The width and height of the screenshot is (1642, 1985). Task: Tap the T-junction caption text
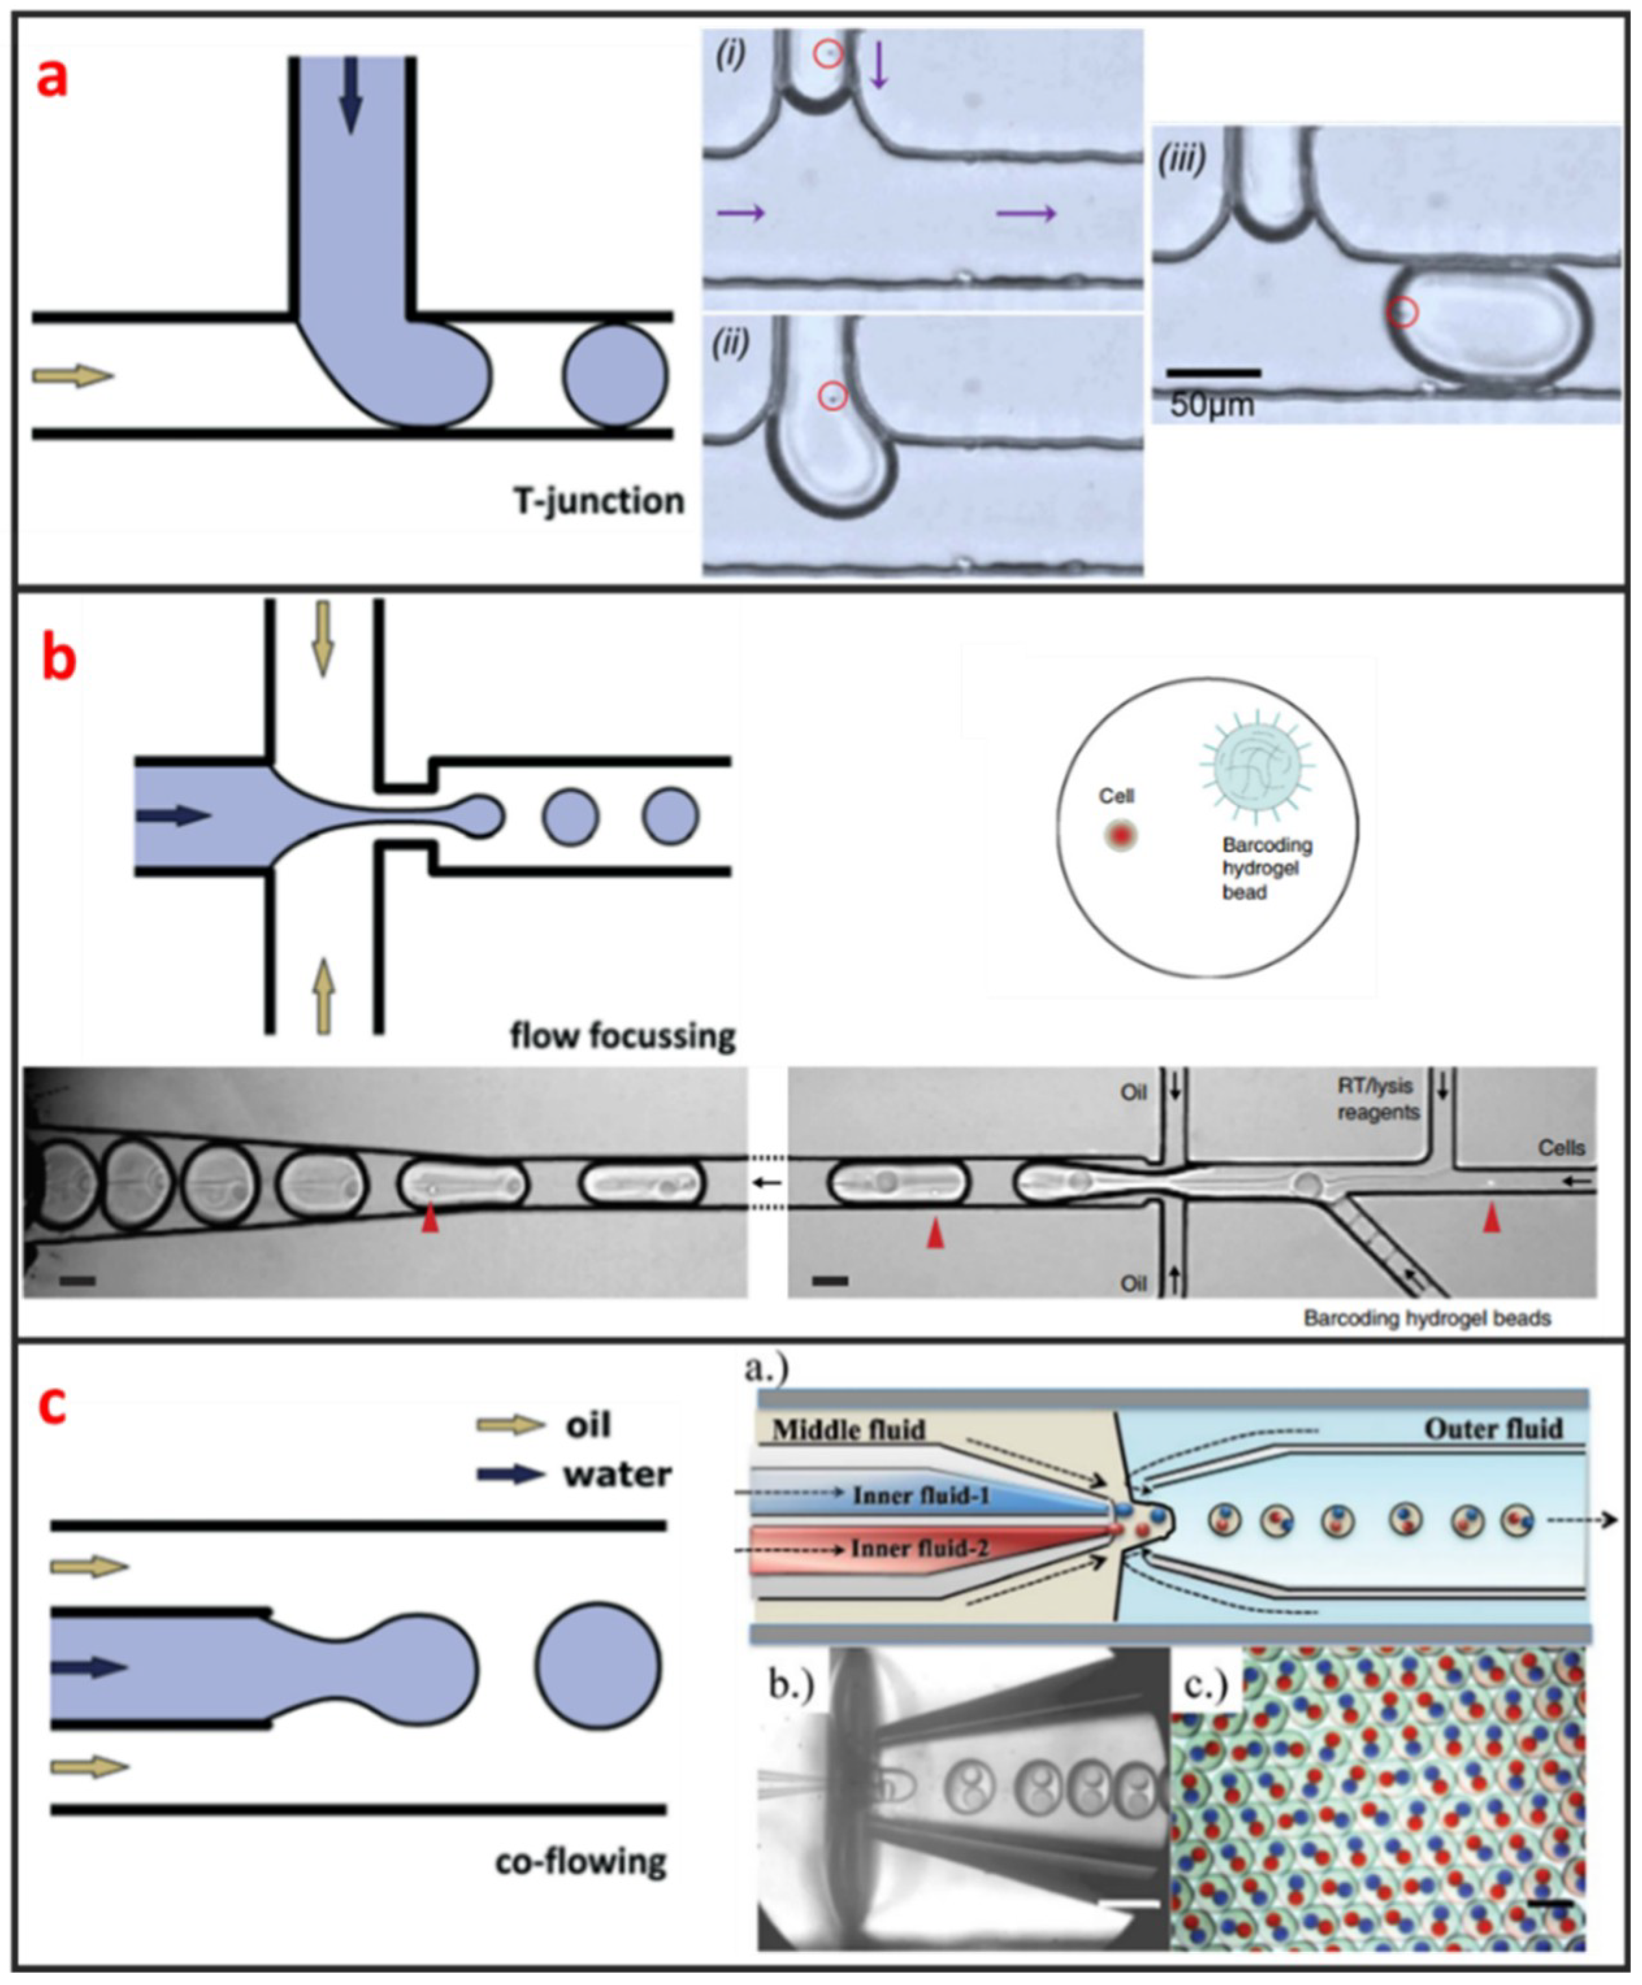598,500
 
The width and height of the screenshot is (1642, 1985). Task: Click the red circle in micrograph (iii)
1403,312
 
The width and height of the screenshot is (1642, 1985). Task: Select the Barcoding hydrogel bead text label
1266,867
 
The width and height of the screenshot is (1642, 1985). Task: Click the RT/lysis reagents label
1378,1099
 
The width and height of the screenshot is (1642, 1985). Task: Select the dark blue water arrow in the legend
511,1474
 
